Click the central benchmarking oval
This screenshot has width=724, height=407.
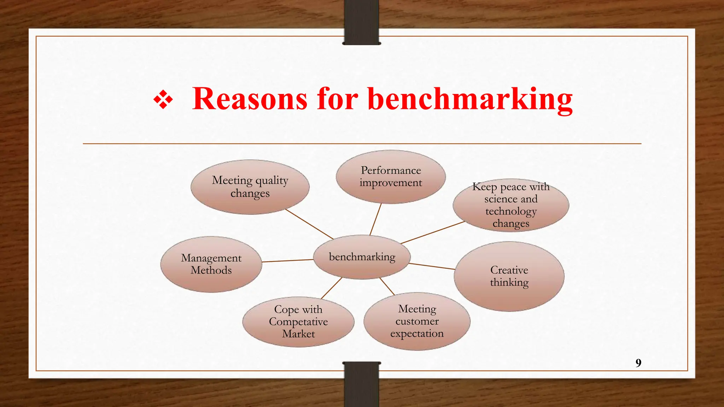362,257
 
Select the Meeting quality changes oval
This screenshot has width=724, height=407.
250,187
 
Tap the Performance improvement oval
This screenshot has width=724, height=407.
391,177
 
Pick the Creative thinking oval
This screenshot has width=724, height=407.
509,276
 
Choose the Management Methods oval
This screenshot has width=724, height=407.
211,264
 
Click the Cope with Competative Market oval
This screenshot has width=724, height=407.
298,322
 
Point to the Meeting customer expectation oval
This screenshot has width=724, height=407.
417,321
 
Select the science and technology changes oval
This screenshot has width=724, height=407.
511,205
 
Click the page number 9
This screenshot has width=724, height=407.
638,363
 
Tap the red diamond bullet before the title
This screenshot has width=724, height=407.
163,100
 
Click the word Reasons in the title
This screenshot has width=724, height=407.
250,99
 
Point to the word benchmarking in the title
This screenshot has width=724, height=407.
470,100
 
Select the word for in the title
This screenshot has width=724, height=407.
338,99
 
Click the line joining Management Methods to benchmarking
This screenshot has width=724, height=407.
288,261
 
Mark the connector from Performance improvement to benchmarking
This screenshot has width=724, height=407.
375,219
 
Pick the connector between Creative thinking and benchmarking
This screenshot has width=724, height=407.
432,266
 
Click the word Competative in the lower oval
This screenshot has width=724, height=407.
298,322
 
